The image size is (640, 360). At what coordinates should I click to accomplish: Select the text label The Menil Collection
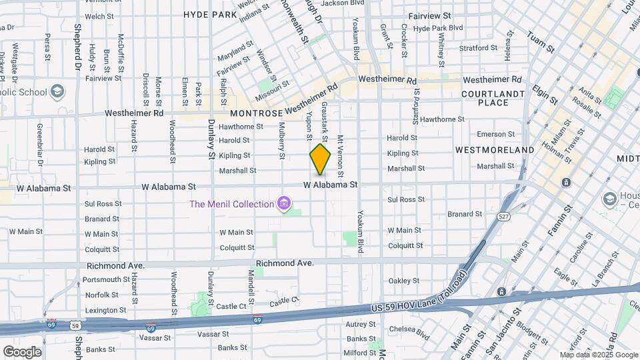(x=231, y=204)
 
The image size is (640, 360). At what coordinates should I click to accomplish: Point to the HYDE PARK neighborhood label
(x=210, y=14)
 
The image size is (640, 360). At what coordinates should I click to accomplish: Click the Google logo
(x=21, y=351)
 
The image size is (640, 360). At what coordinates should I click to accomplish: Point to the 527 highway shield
(x=503, y=217)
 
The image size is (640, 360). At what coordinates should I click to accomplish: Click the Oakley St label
(x=403, y=281)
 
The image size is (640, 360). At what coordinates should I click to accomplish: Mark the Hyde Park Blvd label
(x=438, y=28)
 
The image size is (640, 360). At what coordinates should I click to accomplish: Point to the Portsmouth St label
(x=107, y=279)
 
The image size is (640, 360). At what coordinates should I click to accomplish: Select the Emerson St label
(x=492, y=134)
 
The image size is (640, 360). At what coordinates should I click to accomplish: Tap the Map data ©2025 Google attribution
(x=598, y=355)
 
